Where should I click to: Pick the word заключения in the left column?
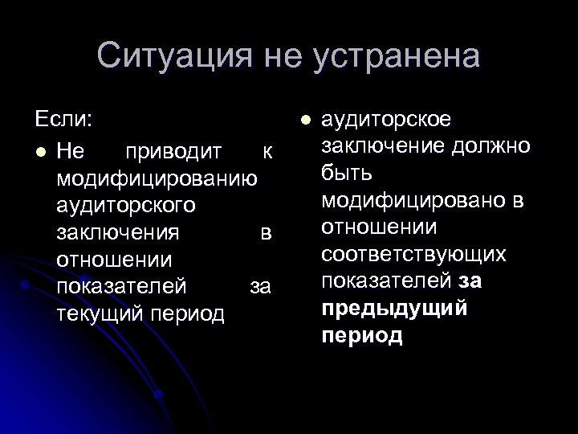118,233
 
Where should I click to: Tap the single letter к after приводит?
267,151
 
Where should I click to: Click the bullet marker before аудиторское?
303,121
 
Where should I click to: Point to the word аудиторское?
385,121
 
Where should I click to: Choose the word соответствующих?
413,256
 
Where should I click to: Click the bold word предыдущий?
394,309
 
